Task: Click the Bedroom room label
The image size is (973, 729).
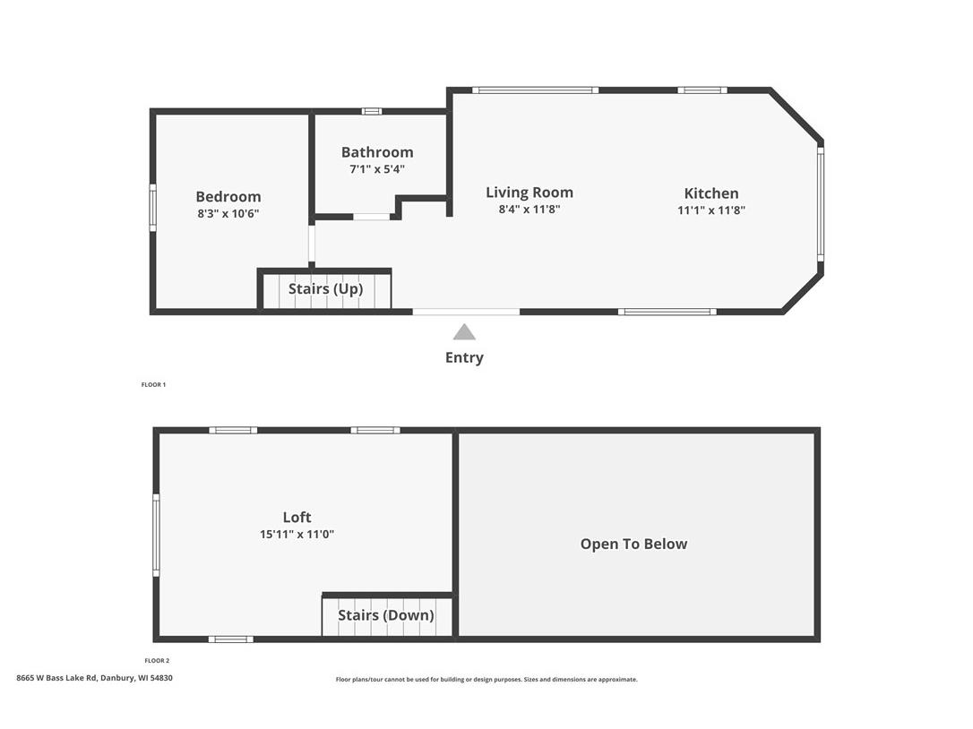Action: tap(228, 197)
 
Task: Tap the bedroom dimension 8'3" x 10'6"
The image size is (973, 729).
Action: tap(228, 213)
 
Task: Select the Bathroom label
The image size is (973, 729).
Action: tap(377, 152)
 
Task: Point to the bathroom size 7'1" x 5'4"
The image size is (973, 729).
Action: tap(377, 168)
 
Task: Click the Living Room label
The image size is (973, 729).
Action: tap(530, 193)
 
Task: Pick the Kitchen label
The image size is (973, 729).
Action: tap(711, 193)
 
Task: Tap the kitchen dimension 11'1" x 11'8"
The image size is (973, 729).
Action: tap(711, 210)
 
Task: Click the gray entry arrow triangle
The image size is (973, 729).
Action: tap(464, 332)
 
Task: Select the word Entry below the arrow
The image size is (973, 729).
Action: tap(464, 357)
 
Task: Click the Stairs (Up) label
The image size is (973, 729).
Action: tap(325, 289)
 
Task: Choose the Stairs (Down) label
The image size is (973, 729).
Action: tap(386, 615)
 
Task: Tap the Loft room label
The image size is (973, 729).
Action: tap(297, 518)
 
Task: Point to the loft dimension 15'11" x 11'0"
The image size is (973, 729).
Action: tap(297, 534)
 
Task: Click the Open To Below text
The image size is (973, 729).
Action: tap(633, 544)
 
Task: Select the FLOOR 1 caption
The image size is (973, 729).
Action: tap(153, 384)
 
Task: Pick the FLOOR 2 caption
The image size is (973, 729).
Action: tap(157, 660)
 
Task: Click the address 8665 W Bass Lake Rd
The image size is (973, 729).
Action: tap(94, 678)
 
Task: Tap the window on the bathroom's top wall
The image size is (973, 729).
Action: tap(371, 111)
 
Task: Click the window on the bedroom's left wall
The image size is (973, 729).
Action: tap(152, 208)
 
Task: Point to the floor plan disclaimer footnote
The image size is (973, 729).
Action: tap(486, 680)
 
